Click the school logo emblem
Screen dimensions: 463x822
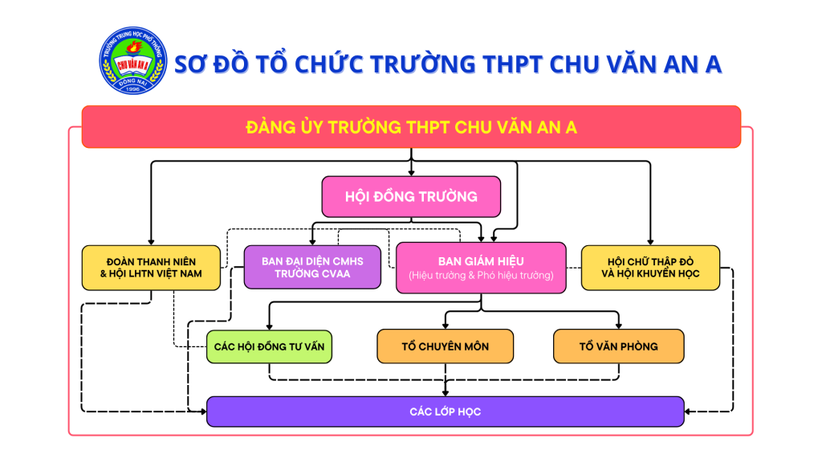131,64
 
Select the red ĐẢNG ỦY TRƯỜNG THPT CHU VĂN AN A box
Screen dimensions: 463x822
411,127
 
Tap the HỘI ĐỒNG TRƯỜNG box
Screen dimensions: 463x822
411,196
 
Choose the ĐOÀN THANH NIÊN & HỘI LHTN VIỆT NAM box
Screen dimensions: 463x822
151,267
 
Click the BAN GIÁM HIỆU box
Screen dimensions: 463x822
481,268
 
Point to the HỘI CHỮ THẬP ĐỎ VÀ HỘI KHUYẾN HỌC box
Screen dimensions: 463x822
650,267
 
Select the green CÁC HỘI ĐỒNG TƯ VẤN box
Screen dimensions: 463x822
268,346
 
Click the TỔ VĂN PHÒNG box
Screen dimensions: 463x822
618,346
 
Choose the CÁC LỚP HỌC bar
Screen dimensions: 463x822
445,412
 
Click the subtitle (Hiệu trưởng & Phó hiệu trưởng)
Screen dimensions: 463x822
481,276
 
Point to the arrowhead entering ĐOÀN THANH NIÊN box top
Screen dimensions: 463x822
151,241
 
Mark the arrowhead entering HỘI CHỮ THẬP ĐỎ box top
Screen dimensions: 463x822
650,241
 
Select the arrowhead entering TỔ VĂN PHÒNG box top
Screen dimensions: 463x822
619,325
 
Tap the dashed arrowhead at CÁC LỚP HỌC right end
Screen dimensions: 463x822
690,412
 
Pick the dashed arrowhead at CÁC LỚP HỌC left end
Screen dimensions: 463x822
201,412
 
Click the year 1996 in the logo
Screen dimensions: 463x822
131,90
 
